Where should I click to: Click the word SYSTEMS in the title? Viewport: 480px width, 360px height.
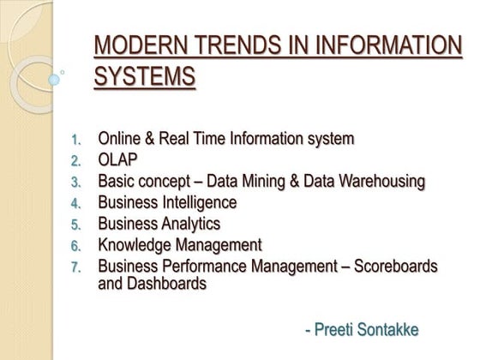click(144, 77)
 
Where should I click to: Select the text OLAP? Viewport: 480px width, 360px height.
click(117, 160)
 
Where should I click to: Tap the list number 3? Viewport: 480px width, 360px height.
click(75, 182)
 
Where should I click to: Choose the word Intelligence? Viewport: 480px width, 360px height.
click(196, 202)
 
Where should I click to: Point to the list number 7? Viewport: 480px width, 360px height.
click(75, 267)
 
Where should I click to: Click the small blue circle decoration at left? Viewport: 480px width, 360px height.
click(55, 79)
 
